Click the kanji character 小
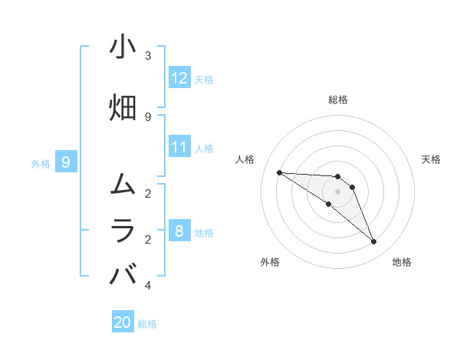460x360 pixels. pyautogui.click(x=123, y=47)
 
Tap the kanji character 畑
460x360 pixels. pyautogui.click(x=123, y=107)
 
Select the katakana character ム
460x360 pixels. pyautogui.click(x=123, y=184)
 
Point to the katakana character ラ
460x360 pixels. pyautogui.click(x=123, y=230)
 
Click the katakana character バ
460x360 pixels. pyautogui.click(x=123, y=274)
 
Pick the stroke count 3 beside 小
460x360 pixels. pyautogui.click(x=148, y=57)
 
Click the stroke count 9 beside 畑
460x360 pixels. pyautogui.click(x=148, y=116)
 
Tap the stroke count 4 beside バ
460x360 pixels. pyautogui.click(x=148, y=286)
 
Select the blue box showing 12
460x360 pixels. pyautogui.click(x=179, y=78)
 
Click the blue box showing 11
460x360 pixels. pyautogui.click(x=179, y=147)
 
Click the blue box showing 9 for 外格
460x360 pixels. pyautogui.click(x=67, y=162)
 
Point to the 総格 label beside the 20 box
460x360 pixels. pyautogui.click(x=148, y=324)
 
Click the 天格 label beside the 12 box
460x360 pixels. pyautogui.click(x=204, y=79)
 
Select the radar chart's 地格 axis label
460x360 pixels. pyautogui.click(x=402, y=262)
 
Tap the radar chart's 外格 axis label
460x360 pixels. pyautogui.click(x=270, y=262)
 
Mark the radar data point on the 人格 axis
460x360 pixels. pyautogui.click(x=279, y=172)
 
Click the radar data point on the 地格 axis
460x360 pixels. pyautogui.click(x=374, y=242)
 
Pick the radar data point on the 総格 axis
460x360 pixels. pyautogui.click(x=337, y=176)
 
